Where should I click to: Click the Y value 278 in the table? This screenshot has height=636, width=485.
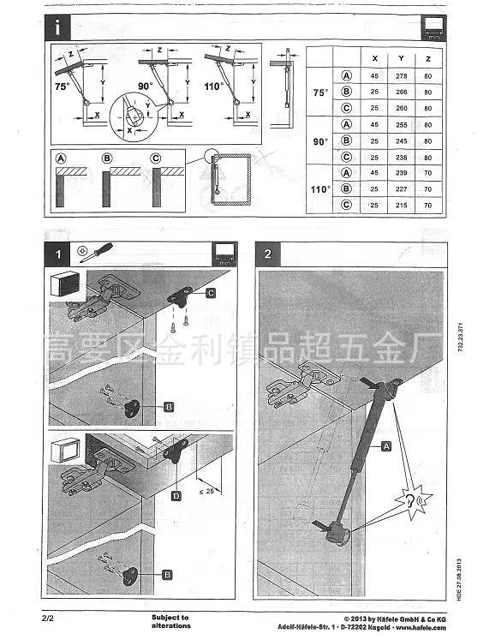click(x=401, y=76)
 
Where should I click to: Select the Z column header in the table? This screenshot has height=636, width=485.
click(x=428, y=59)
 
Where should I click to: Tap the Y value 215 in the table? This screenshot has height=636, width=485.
click(x=401, y=205)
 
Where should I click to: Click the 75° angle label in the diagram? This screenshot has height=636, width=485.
click(x=62, y=87)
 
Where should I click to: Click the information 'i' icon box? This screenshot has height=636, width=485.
click(x=58, y=28)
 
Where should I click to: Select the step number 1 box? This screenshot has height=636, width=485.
click(x=57, y=254)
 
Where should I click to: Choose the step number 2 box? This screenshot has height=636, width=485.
click(x=268, y=254)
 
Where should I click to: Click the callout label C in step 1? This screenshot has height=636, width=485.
click(x=211, y=293)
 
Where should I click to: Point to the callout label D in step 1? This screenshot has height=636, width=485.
click(x=176, y=496)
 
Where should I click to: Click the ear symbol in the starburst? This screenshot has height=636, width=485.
click(x=410, y=501)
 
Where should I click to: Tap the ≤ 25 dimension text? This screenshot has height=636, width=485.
click(x=207, y=491)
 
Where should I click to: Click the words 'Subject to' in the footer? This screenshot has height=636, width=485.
click(x=170, y=617)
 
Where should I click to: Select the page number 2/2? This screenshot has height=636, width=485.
click(x=48, y=618)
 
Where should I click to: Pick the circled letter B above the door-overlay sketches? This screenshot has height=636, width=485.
click(x=107, y=158)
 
